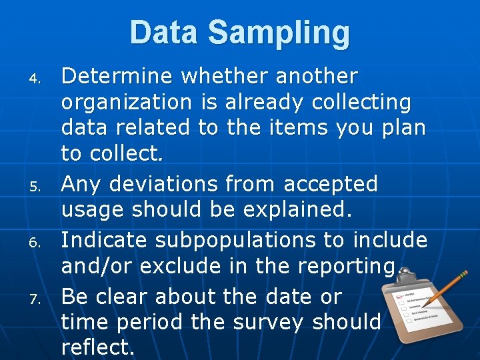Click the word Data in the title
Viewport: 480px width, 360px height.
[x=164, y=33]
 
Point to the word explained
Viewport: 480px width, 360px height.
[x=294, y=209]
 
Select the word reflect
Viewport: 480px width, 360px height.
[x=97, y=347]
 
